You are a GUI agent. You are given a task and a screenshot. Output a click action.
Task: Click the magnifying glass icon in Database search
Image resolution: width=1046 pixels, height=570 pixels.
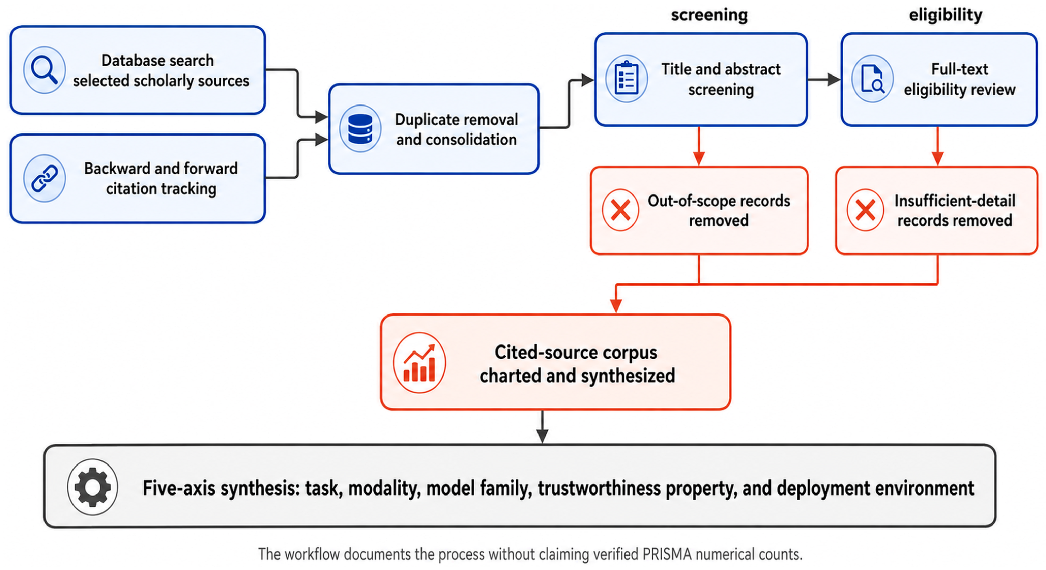(44, 70)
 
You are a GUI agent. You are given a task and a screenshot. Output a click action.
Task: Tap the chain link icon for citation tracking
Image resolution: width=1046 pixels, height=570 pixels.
(44, 178)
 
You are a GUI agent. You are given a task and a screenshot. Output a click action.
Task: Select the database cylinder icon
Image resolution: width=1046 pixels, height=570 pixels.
(360, 129)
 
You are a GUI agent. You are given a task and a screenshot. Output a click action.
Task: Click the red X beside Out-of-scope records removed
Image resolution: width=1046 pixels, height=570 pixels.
(620, 210)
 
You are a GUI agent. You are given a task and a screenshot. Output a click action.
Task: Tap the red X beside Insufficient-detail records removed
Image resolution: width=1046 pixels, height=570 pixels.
(865, 210)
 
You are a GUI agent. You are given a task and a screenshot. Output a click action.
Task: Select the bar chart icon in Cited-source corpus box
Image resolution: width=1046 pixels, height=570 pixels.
(419, 363)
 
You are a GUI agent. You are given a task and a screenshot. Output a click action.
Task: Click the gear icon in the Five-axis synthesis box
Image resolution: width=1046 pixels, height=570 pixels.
(93, 487)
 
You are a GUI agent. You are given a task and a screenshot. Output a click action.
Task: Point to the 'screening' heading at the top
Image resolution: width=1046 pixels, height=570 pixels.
(709, 15)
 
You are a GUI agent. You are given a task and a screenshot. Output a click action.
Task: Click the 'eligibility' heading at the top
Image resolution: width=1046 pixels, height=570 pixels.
(945, 15)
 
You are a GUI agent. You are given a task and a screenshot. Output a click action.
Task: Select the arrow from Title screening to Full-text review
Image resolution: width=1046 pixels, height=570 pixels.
(824, 80)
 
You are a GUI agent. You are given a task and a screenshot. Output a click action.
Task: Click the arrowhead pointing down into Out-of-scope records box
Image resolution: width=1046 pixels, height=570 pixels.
(699, 158)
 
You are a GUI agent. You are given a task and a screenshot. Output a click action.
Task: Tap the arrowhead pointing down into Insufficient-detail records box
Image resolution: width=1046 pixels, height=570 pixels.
(937, 158)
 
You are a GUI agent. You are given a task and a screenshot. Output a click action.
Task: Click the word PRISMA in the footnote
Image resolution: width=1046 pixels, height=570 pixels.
(667, 554)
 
